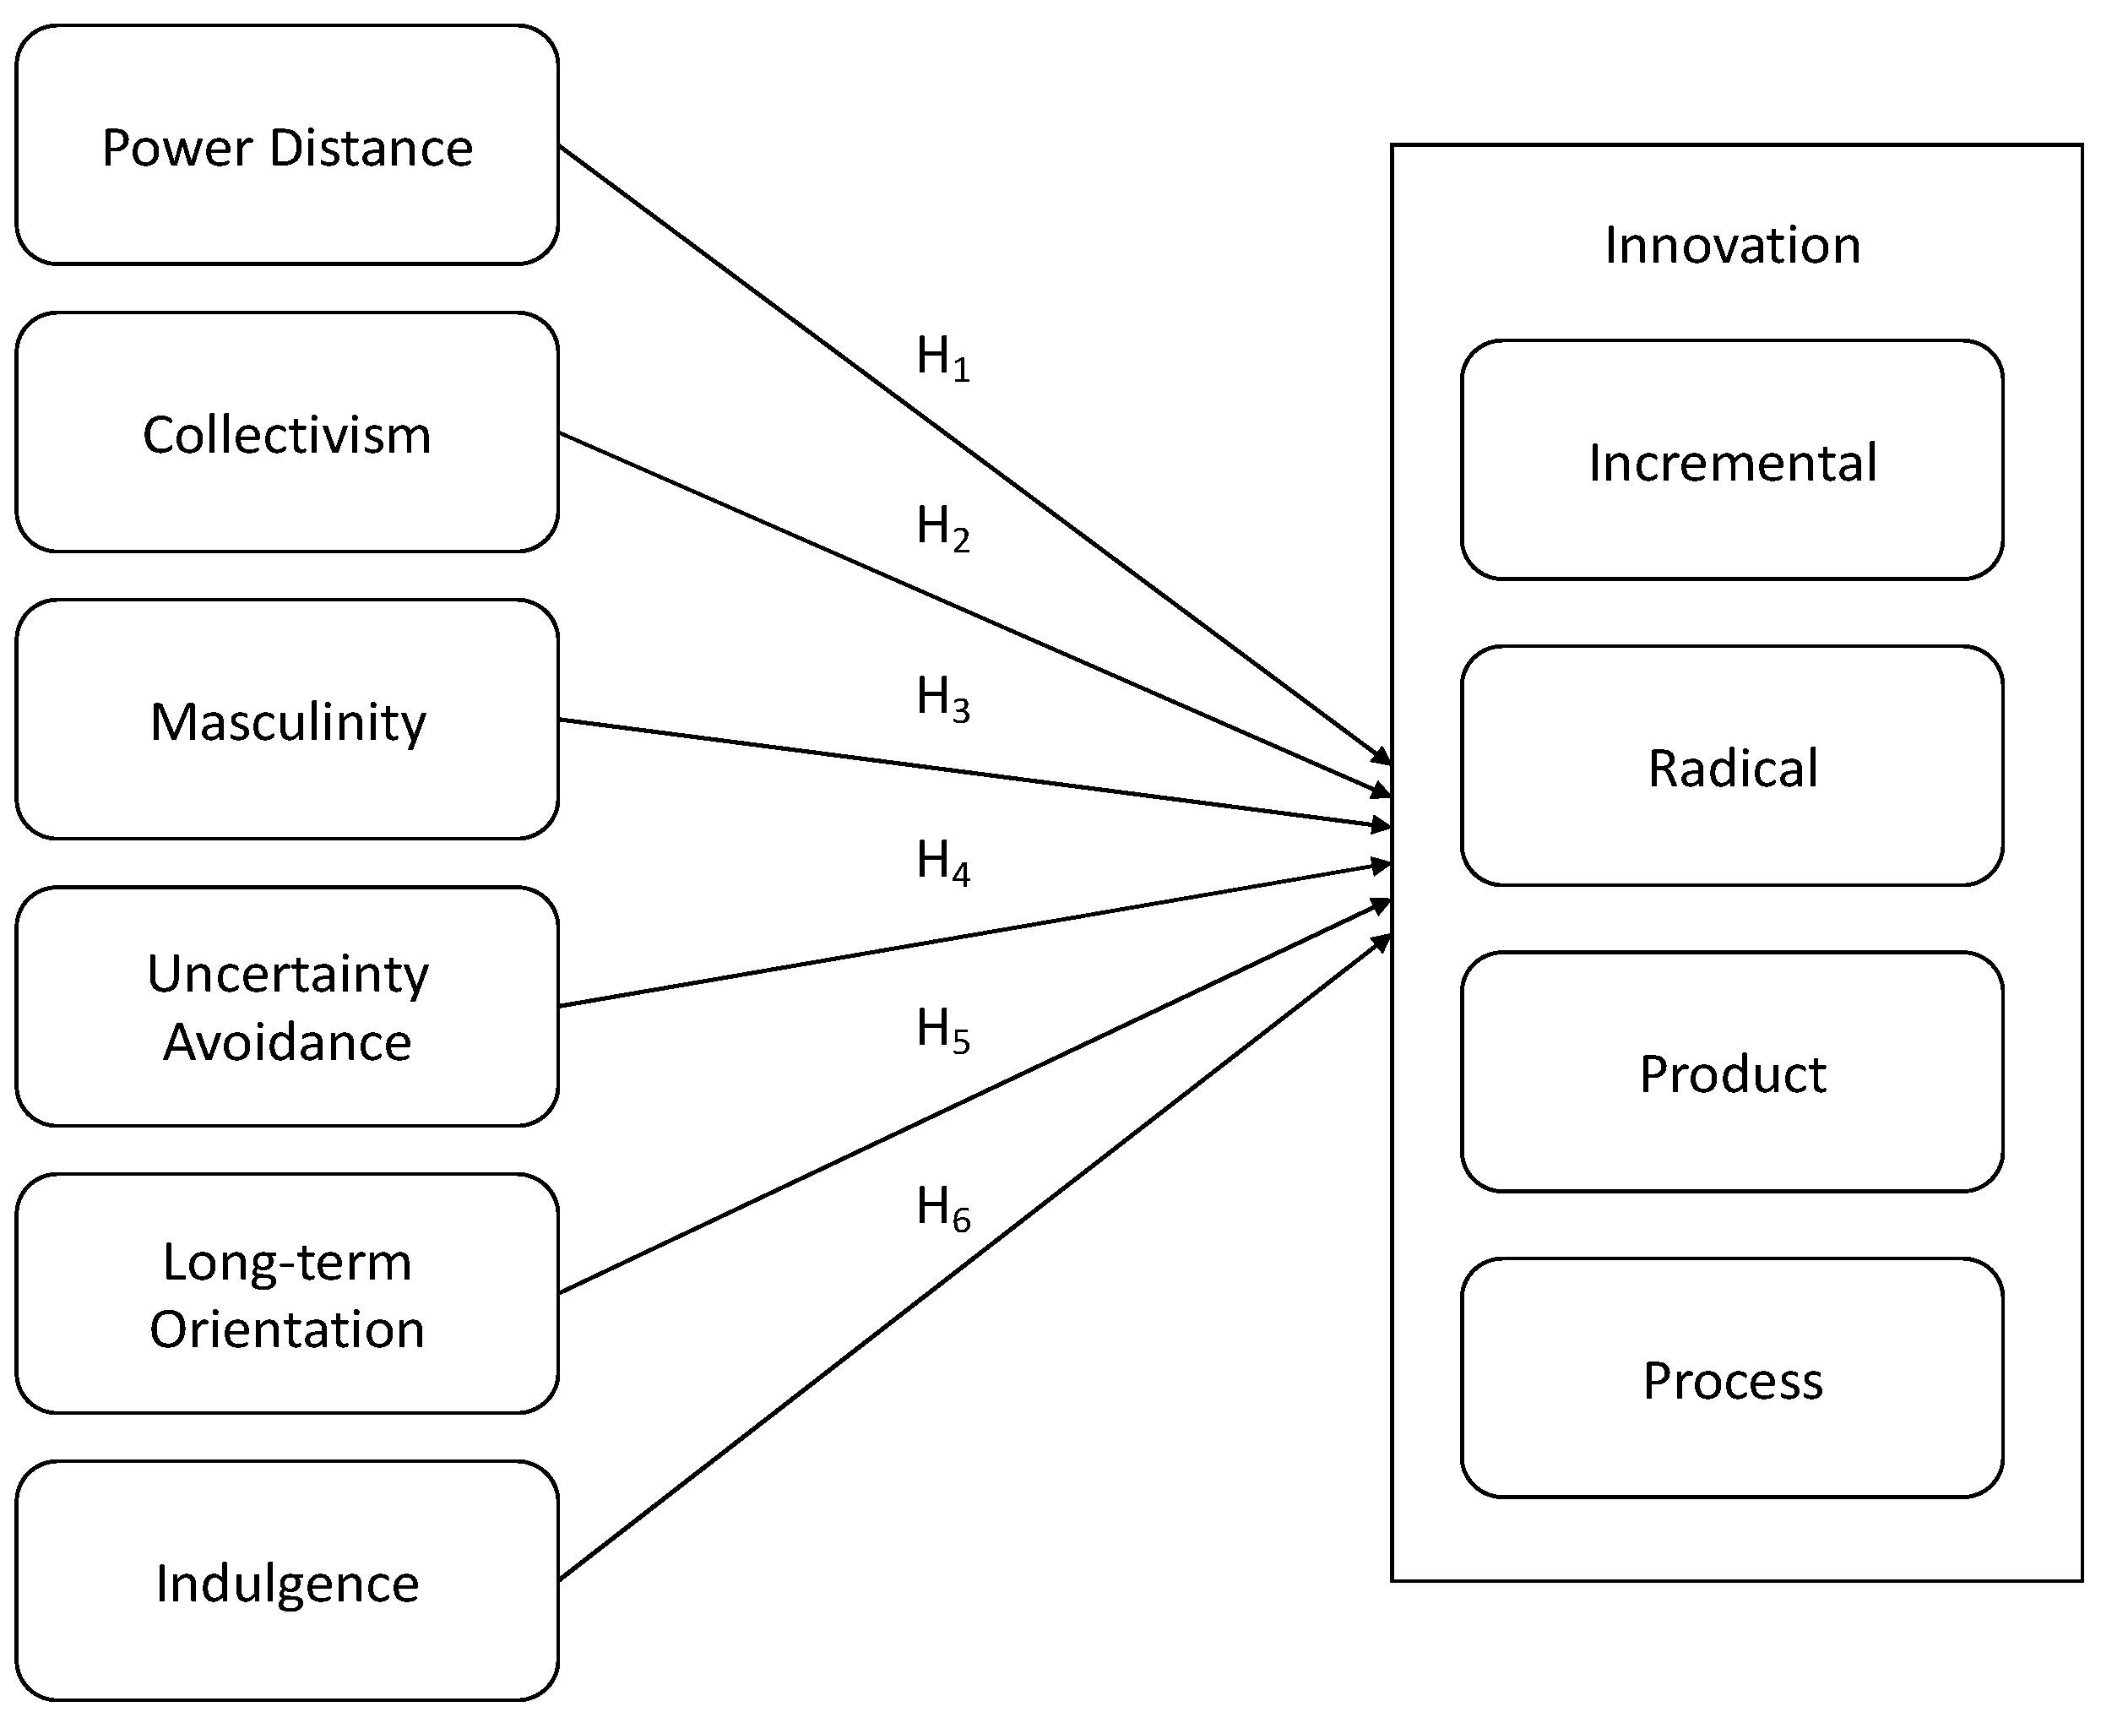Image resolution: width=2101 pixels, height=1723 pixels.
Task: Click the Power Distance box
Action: (287, 145)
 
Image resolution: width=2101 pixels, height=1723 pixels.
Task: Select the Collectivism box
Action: (287, 432)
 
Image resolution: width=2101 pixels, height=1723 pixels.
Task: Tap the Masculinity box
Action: (287, 720)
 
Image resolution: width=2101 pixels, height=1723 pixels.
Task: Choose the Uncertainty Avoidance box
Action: (287, 1007)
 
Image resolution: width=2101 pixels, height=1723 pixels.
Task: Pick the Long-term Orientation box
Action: (287, 1293)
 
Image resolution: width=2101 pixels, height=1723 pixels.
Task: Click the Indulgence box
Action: (287, 1581)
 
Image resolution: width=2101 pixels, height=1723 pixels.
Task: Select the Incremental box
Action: (1732, 460)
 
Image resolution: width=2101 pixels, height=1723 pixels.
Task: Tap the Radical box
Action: (1732, 766)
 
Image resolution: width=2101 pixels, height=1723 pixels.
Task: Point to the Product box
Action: (1732, 1072)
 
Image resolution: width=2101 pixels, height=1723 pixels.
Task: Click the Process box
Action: (1732, 1378)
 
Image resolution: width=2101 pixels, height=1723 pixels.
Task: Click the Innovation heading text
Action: (1732, 244)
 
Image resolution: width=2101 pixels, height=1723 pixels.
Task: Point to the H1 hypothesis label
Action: (942, 357)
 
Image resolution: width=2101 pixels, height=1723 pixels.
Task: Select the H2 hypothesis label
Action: (942, 527)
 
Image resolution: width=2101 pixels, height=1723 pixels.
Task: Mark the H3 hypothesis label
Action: (942, 698)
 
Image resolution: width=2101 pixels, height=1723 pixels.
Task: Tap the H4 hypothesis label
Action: (942, 861)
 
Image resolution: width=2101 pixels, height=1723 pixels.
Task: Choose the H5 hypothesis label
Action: (942, 1030)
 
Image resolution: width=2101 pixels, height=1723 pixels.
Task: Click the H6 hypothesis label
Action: (942, 1208)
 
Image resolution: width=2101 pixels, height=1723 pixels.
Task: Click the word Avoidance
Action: (287, 1042)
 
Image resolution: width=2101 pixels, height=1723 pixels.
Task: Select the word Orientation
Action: (287, 1329)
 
